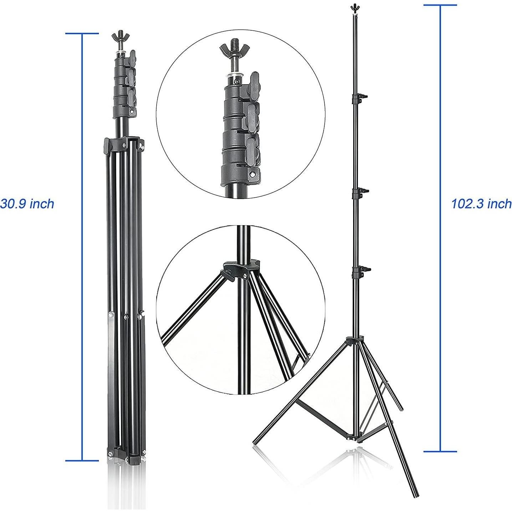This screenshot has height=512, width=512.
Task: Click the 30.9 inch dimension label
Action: (27, 204)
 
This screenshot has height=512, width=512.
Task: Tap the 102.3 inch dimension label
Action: (481, 204)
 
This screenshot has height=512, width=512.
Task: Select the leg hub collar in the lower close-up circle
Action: (241, 269)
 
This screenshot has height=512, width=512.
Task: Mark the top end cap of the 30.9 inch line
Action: (82, 34)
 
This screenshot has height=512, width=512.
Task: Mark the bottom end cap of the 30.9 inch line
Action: (82, 460)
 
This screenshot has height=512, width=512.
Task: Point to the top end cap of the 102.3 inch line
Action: (440, 5)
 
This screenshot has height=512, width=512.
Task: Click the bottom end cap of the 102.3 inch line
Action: (440, 451)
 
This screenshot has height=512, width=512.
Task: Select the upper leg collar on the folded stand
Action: (123, 144)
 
